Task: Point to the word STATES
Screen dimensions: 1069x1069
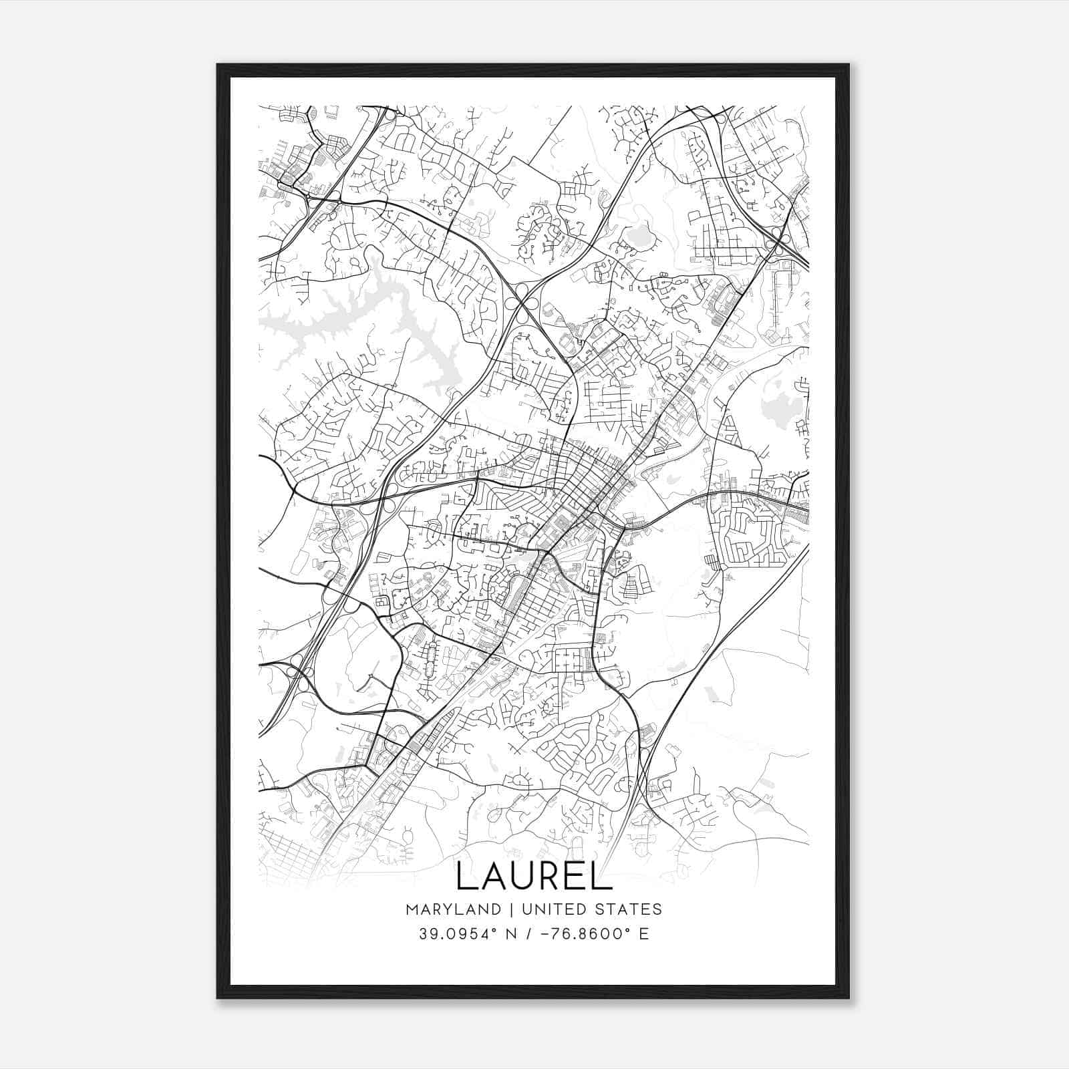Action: pos(631,909)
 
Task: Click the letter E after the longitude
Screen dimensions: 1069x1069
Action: pos(643,933)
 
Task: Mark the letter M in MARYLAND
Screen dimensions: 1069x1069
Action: pos(410,909)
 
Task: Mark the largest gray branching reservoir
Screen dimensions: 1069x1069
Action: pos(374,314)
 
